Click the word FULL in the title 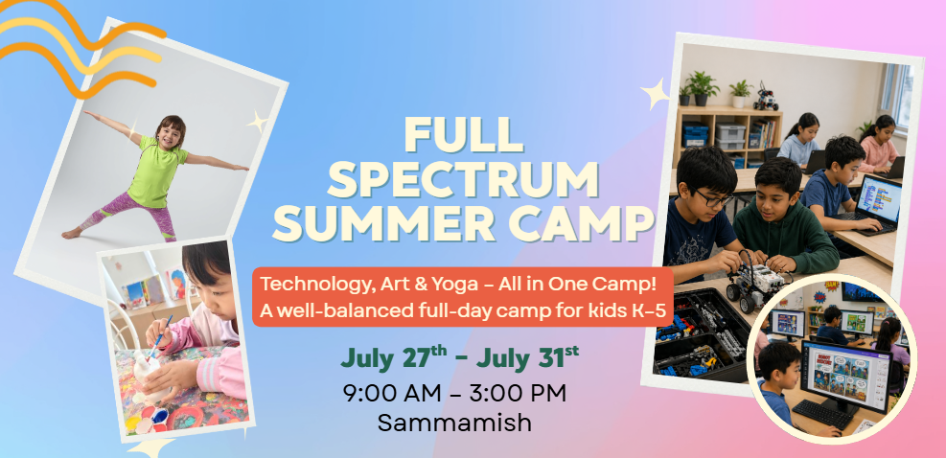pos(463,134)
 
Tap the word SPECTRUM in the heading pos(464,179)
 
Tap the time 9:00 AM pos(389,392)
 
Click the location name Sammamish pos(454,422)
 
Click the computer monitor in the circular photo pos(842,369)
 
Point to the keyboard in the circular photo pos(819,413)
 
